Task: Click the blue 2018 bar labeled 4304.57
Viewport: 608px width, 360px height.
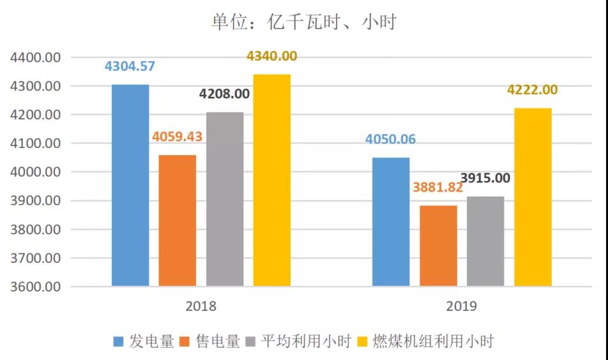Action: [130, 185]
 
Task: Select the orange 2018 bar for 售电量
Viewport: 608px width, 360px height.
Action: [178, 220]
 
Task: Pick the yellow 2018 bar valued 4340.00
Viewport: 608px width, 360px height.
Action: [272, 180]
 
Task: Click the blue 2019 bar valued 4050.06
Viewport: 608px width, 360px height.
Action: [391, 221]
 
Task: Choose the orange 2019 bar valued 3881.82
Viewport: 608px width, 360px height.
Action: [438, 246]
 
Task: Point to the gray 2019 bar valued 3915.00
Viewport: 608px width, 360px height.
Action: [485, 241]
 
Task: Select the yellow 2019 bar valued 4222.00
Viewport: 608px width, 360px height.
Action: [533, 197]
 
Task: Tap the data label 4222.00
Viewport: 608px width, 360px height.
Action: [532, 90]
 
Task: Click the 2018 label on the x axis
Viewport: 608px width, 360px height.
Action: [201, 306]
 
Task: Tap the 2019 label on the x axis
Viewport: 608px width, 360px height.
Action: [462, 306]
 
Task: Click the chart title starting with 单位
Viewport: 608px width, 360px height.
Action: [304, 22]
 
